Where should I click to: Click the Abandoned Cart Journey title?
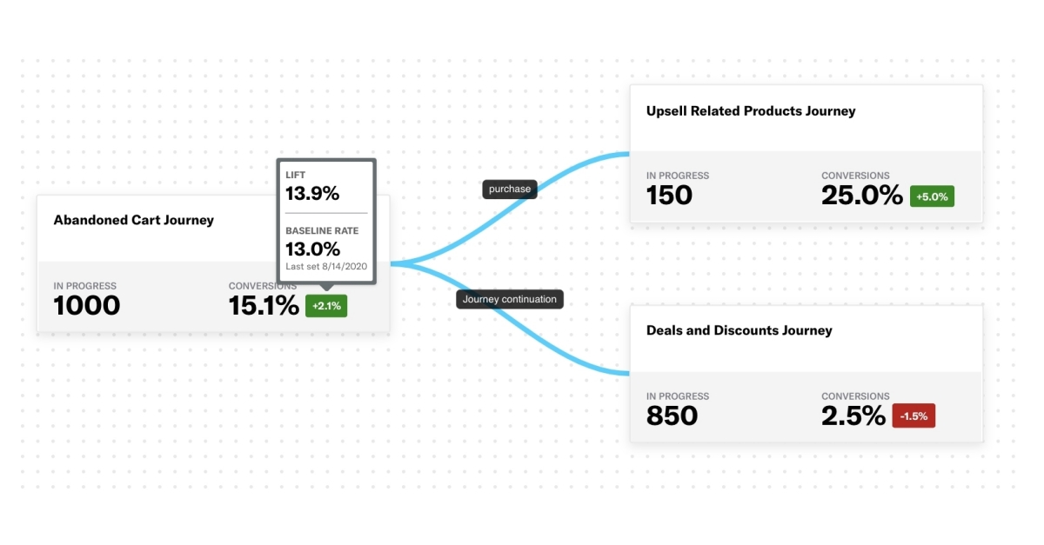tap(133, 220)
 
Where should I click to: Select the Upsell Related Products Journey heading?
tap(750, 111)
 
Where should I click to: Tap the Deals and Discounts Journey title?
tap(739, 330)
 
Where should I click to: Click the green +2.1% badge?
tap(326, 306)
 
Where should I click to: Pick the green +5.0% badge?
tap(932, 196)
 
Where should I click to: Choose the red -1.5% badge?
tap(913, 416)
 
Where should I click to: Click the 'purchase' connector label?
tap(510, 189)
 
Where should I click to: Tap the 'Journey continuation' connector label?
tap(511, 299)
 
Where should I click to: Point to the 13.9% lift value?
tap(312, 194)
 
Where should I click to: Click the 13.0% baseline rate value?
tap(312, 249)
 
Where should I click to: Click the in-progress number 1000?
tap(87, 306)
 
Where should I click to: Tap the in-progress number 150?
tap(669, 196)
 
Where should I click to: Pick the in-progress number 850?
tap(672, 416)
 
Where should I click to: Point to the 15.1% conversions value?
tap(264, 306)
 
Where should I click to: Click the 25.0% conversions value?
tap(861, 196)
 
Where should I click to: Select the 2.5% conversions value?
tap(853, 416)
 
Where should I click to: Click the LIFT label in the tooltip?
tap(296, 175)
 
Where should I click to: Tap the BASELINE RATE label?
tap(322, 230)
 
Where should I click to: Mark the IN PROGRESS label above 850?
tap(677, 396)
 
